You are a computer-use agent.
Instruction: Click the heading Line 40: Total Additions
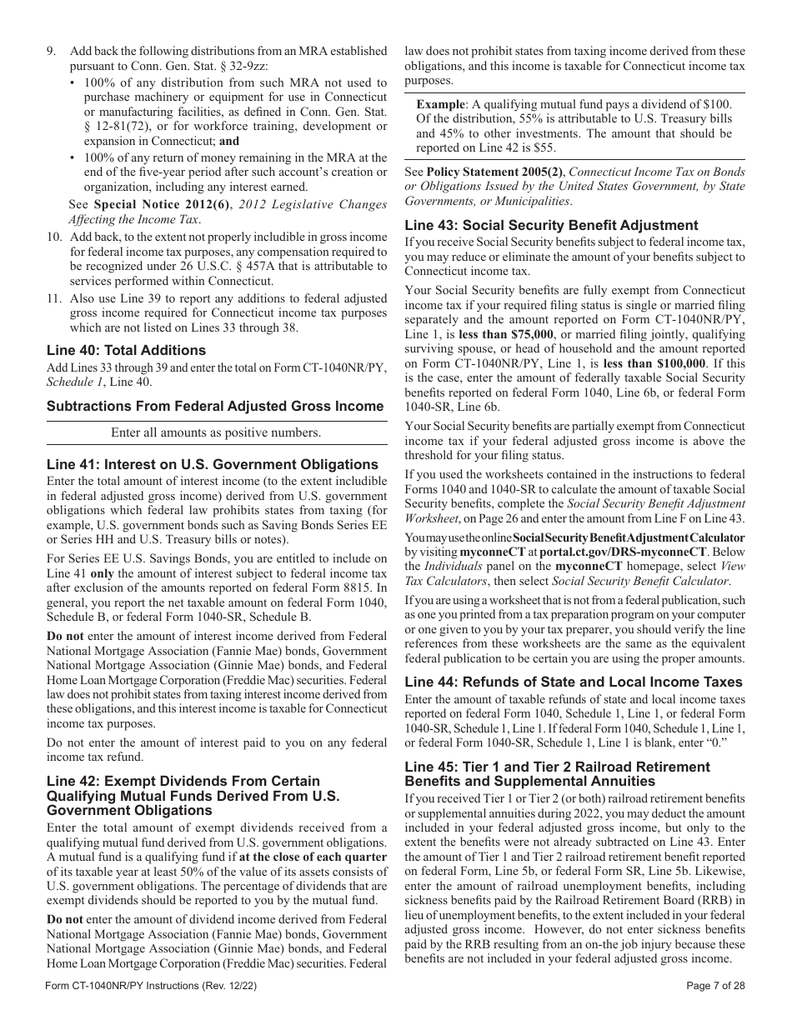tap(126, 350)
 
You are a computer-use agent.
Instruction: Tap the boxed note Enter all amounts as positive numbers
tap(216, 432)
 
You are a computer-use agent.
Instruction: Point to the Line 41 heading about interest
tap(213, 464)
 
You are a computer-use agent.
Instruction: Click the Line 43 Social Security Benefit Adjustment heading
tap(551, 225)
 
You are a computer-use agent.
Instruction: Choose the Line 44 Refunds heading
tap(573, 682)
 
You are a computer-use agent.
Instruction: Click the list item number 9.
tap(52, 52)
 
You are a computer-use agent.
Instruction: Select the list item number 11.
tap(53, 297)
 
